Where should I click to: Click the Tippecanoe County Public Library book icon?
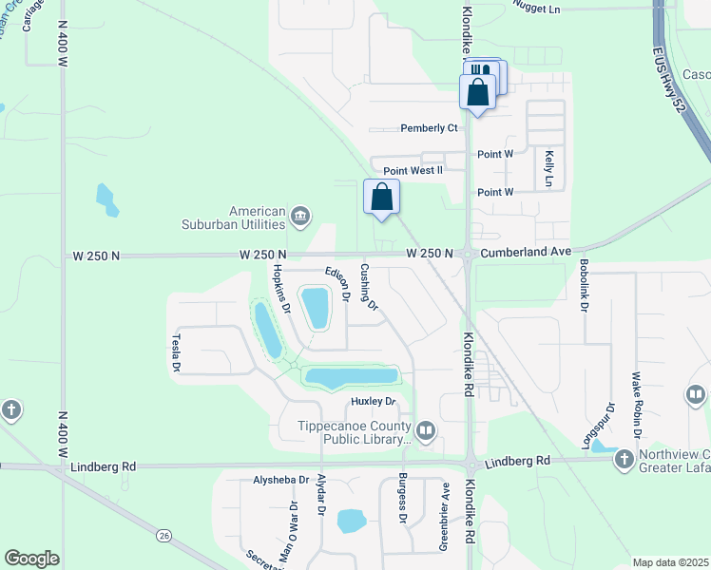point(425,432)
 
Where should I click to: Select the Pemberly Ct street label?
point(429,128)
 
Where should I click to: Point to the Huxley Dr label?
point(372,402)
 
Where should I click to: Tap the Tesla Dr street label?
point(176,351)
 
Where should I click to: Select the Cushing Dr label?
point(369,288)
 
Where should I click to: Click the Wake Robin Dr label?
point(637,399)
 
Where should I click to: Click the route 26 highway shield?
point(163,536)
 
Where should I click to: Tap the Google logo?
point(32,559)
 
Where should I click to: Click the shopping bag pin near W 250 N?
point(382,198)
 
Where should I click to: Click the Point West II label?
point(413,171)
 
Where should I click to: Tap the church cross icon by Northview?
point(624,460)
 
